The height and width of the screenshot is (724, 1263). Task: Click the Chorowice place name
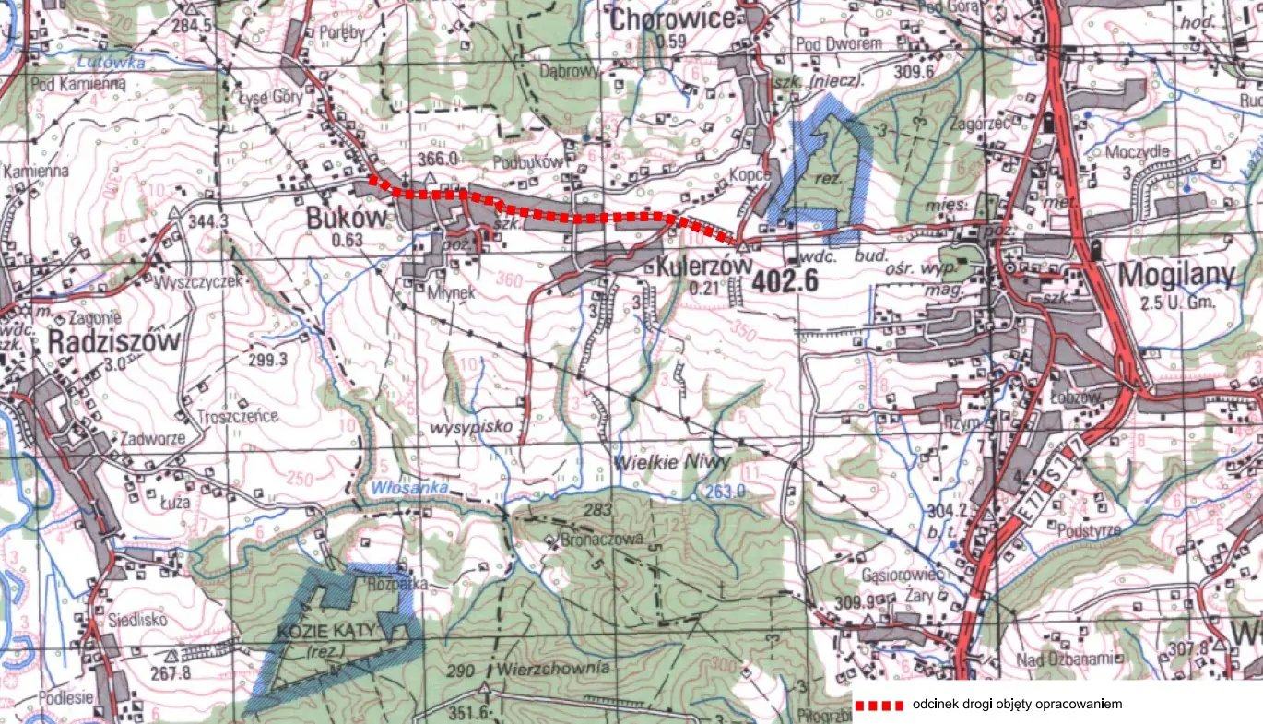click(671, 18)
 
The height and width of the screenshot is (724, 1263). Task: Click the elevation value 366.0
click(438, 159)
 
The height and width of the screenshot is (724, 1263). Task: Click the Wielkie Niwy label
click(672, 461)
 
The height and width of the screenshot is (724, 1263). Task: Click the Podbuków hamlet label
click(527, 160)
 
